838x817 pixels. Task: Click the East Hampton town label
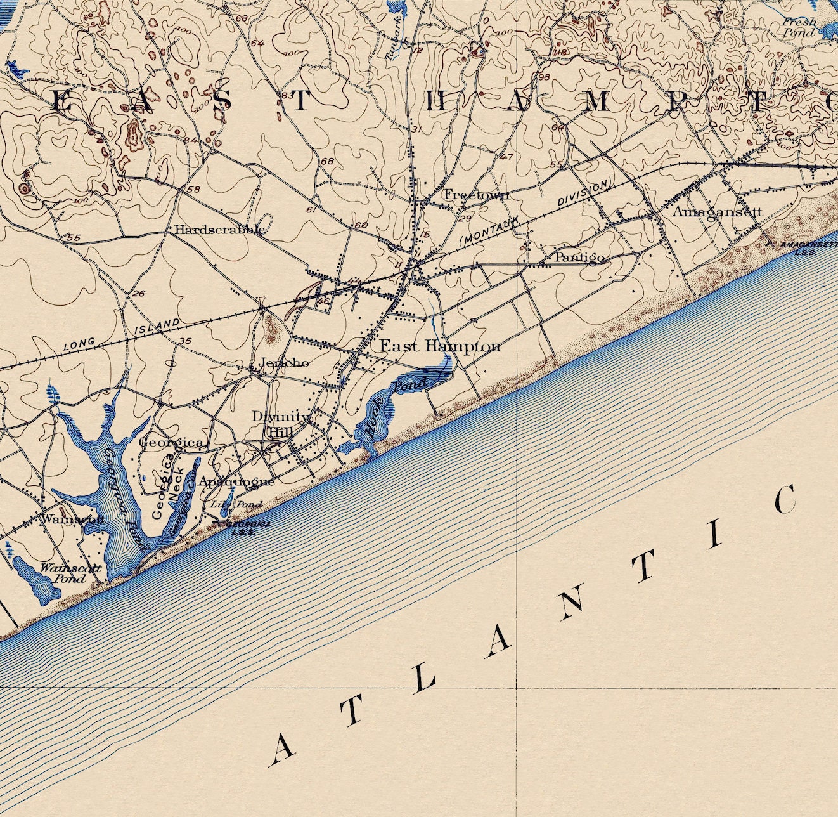click(x=440, y=346)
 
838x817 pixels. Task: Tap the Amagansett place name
click(x=716, y=212)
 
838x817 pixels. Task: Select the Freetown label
click(x=475, y=195)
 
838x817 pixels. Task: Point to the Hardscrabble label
click(x=219, y=230)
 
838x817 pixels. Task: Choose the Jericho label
click(x=285, y=363)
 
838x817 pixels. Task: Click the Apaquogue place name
click(x=236, y=481)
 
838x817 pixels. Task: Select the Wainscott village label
click(x=72, y=518)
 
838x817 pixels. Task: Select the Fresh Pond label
click(x=799, y=27)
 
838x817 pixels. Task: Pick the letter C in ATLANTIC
click(x=784, y=500)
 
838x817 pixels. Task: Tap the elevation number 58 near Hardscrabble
click(x=193, y=190)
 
